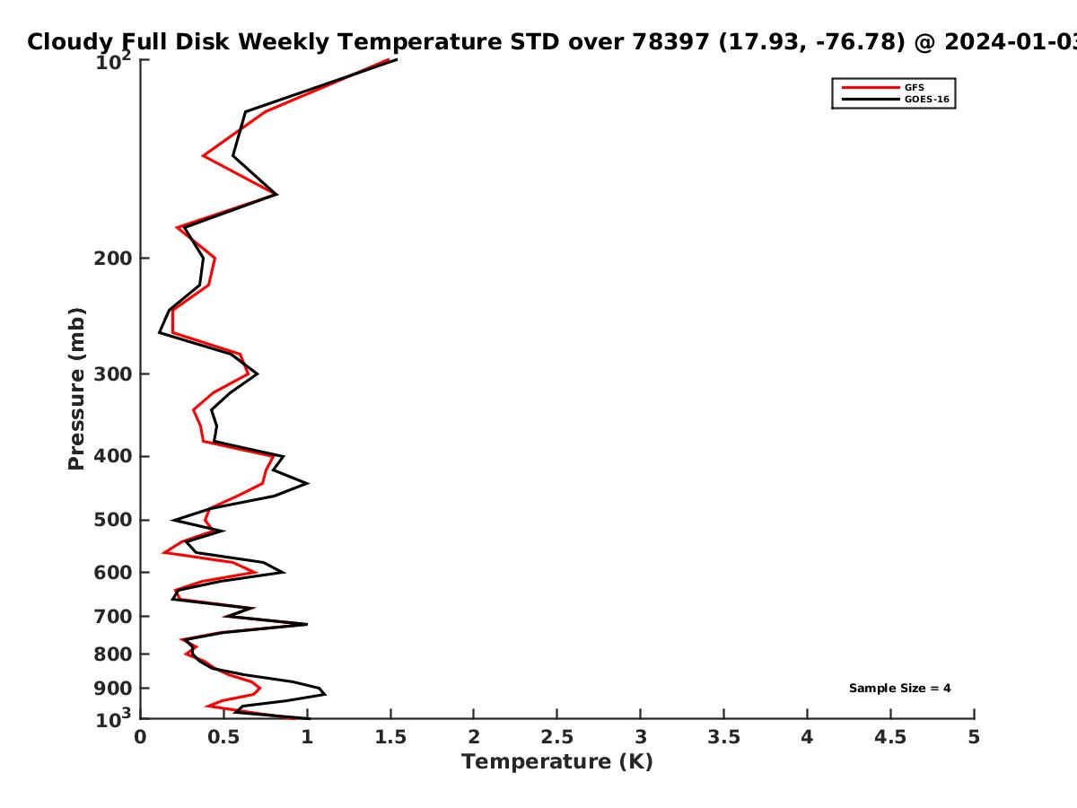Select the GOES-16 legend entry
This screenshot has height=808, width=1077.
tap(896, 99)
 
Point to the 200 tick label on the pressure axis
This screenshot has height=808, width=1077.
tap(113, 258)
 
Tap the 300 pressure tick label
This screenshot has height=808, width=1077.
tap(113, 374)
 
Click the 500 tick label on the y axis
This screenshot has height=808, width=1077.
tap(113, 520)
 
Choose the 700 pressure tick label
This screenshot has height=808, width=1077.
tap(113, 616)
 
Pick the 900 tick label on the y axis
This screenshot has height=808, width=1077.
tap(113, 689)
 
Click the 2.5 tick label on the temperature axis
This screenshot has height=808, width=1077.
tap(557, 737)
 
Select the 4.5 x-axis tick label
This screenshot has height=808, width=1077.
tap(890, 737)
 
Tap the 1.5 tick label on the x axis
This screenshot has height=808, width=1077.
tap(390, 737)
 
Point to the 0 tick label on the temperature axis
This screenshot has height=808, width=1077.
tap(140, 737)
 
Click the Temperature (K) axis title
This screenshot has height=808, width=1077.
tap(557, 762)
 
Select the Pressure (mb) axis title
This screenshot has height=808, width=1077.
tap(76, 389)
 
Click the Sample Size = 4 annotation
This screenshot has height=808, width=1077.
tap(900, 689)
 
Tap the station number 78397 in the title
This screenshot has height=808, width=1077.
tap(670, 41)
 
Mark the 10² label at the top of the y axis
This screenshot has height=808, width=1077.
tap(113, 61)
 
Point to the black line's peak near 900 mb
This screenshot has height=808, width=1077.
tap(325, 694)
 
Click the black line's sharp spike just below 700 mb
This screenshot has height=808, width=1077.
tap(307, 625)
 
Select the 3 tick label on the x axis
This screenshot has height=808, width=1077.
tap(640, 737)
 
